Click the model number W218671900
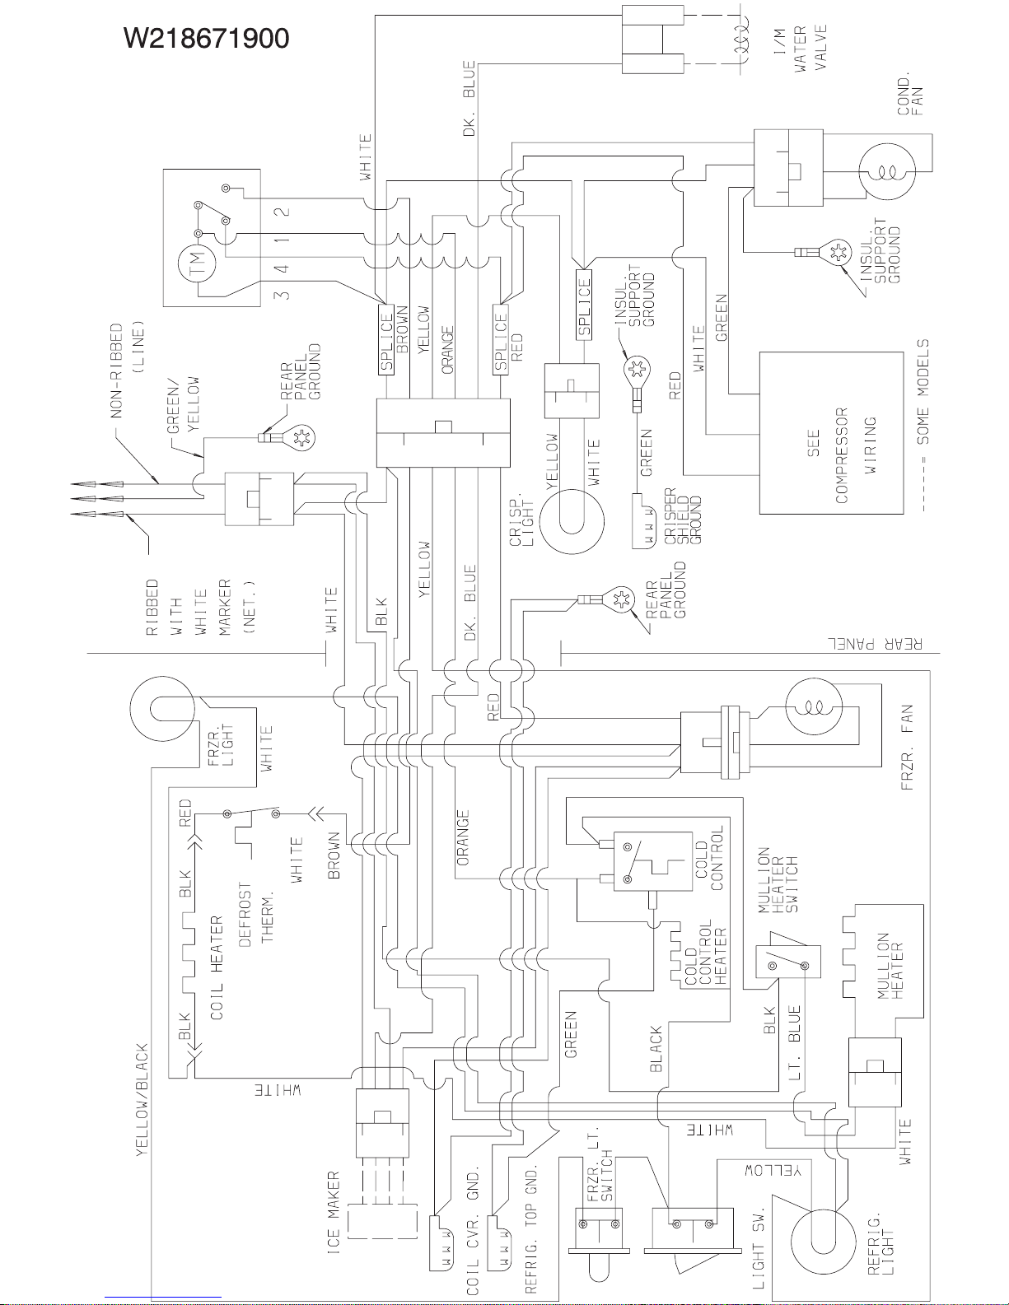(x=205, y=38)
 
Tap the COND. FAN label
(x=909, y=96)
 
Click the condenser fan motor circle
(x=886, y=172)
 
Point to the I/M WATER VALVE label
(x=810, y=49)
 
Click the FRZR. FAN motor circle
(x=813, y=706)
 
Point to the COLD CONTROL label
(x=709, y=858)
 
